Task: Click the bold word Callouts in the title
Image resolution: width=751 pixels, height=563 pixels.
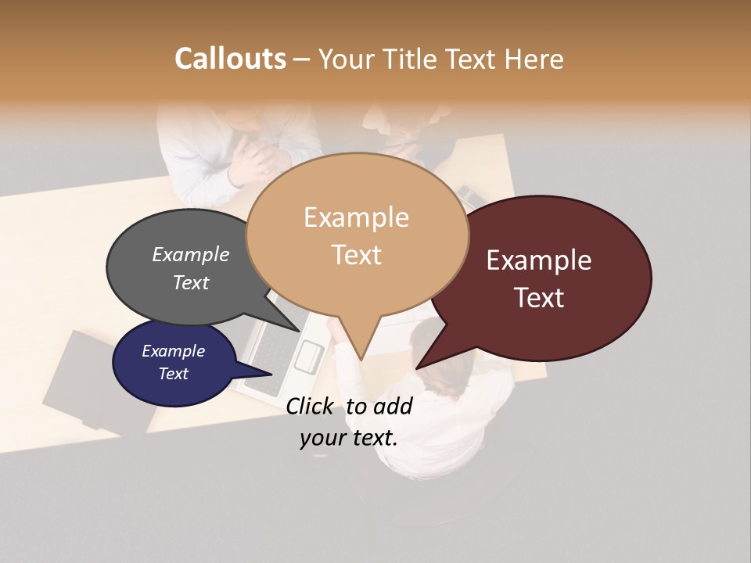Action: (230, 59)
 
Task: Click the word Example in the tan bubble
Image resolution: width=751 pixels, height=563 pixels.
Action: (356, 217)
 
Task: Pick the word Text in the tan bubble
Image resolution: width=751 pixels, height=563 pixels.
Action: (356, 255)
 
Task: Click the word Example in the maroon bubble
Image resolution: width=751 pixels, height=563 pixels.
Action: (539, 260)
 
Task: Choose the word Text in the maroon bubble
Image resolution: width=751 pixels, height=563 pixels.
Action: (539, 298)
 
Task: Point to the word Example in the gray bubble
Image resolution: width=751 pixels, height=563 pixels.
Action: (191, 255)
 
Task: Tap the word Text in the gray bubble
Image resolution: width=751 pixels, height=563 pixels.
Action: (191, 282)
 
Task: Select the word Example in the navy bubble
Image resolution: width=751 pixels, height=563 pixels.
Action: (173, 351)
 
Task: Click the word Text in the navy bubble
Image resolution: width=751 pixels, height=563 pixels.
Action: (173, 374)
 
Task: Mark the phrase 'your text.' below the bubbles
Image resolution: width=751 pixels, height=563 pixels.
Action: (348, 438)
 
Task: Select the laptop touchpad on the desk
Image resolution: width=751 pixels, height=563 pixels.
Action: (308, 357)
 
